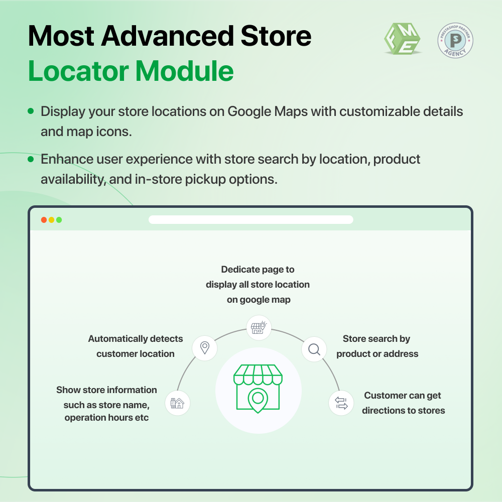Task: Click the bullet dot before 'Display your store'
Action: coord(31,111)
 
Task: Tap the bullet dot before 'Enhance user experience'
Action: coord(31,159)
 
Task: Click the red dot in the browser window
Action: coord(44,220)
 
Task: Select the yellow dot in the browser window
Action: coord(52,220)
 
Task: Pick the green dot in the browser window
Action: coord(59,220)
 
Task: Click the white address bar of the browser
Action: coord(251,220)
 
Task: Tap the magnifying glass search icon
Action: coord(314,349)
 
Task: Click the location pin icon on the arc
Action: coord(205,347)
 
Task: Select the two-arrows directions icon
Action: coord(341,403)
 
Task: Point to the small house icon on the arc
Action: coord(177,403)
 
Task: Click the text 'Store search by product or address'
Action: coord(377,346)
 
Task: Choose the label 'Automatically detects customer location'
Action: coord(136,346)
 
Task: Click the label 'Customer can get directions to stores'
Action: coord(403,403)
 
